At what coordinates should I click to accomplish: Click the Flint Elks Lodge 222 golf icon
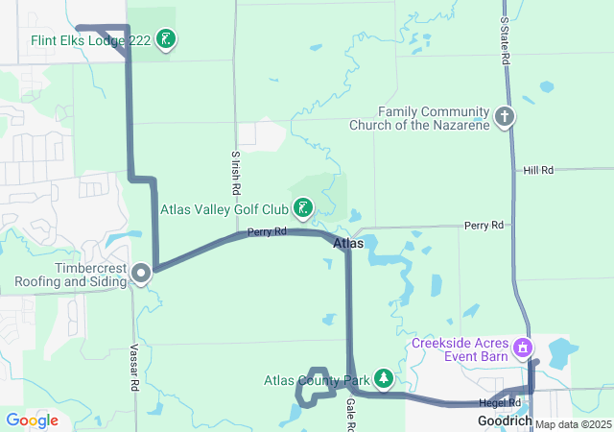(x=167, y=39)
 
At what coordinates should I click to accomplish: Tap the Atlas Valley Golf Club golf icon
(x=302, y=208)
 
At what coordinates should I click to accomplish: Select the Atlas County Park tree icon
(x=384, y=380)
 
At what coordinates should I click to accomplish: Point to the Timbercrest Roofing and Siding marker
(x=141, y=275)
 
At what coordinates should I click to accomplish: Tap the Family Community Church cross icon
(x=505, y=118)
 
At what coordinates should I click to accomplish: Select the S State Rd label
(x=506, y=39)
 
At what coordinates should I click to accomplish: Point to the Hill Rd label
(x=538, y=170)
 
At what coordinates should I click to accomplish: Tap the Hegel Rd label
(x=500, y=402)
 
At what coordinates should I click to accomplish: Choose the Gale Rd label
(x=350, y=412)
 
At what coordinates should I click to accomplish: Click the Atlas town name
(x=348, y=244)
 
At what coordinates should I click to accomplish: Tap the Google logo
(x=32, y=420)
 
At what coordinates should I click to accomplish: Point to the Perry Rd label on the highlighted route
(x=267, y=232)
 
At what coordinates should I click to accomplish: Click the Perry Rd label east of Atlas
(x=484, y=225)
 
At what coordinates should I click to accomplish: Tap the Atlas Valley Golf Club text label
(x=224, y=208)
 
